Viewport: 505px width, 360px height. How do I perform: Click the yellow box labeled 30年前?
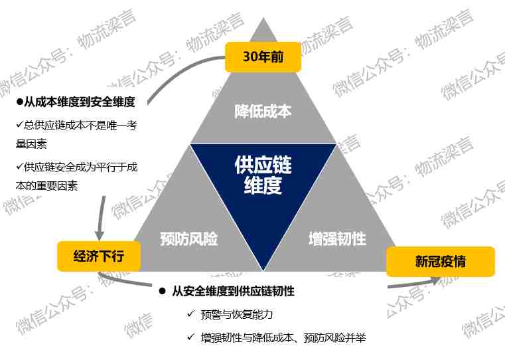(263, 56)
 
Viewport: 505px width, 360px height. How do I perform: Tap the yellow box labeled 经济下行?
(99, 256)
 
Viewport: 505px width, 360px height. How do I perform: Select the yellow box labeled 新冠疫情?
(440, 262)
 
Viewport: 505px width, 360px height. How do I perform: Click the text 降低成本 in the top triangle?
(263, 111)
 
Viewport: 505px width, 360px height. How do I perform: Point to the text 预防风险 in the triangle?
(188, 239)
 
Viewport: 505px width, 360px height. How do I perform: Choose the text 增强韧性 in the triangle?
(337, 239)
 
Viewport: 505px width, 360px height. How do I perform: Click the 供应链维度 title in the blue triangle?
(263, 175)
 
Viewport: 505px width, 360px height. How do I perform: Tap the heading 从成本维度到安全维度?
(80, 102)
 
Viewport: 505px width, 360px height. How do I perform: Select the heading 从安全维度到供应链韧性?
(233, 291)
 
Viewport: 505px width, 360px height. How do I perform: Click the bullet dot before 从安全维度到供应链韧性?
(163, 292)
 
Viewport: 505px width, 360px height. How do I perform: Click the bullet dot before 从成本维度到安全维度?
(20, 102)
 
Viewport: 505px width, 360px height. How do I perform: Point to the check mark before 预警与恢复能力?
(191, 314)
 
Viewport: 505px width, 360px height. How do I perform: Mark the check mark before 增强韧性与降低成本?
(191, 337)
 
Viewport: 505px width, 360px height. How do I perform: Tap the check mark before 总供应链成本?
(20, 124)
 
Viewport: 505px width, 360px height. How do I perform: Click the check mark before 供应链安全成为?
(20, 166)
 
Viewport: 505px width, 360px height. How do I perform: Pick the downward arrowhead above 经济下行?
(99, 235)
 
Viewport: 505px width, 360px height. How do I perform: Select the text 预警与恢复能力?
(237, 314)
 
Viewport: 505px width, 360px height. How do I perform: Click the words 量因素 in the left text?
(31, 143)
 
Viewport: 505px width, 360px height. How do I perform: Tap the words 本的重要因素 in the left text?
(46, 185)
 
